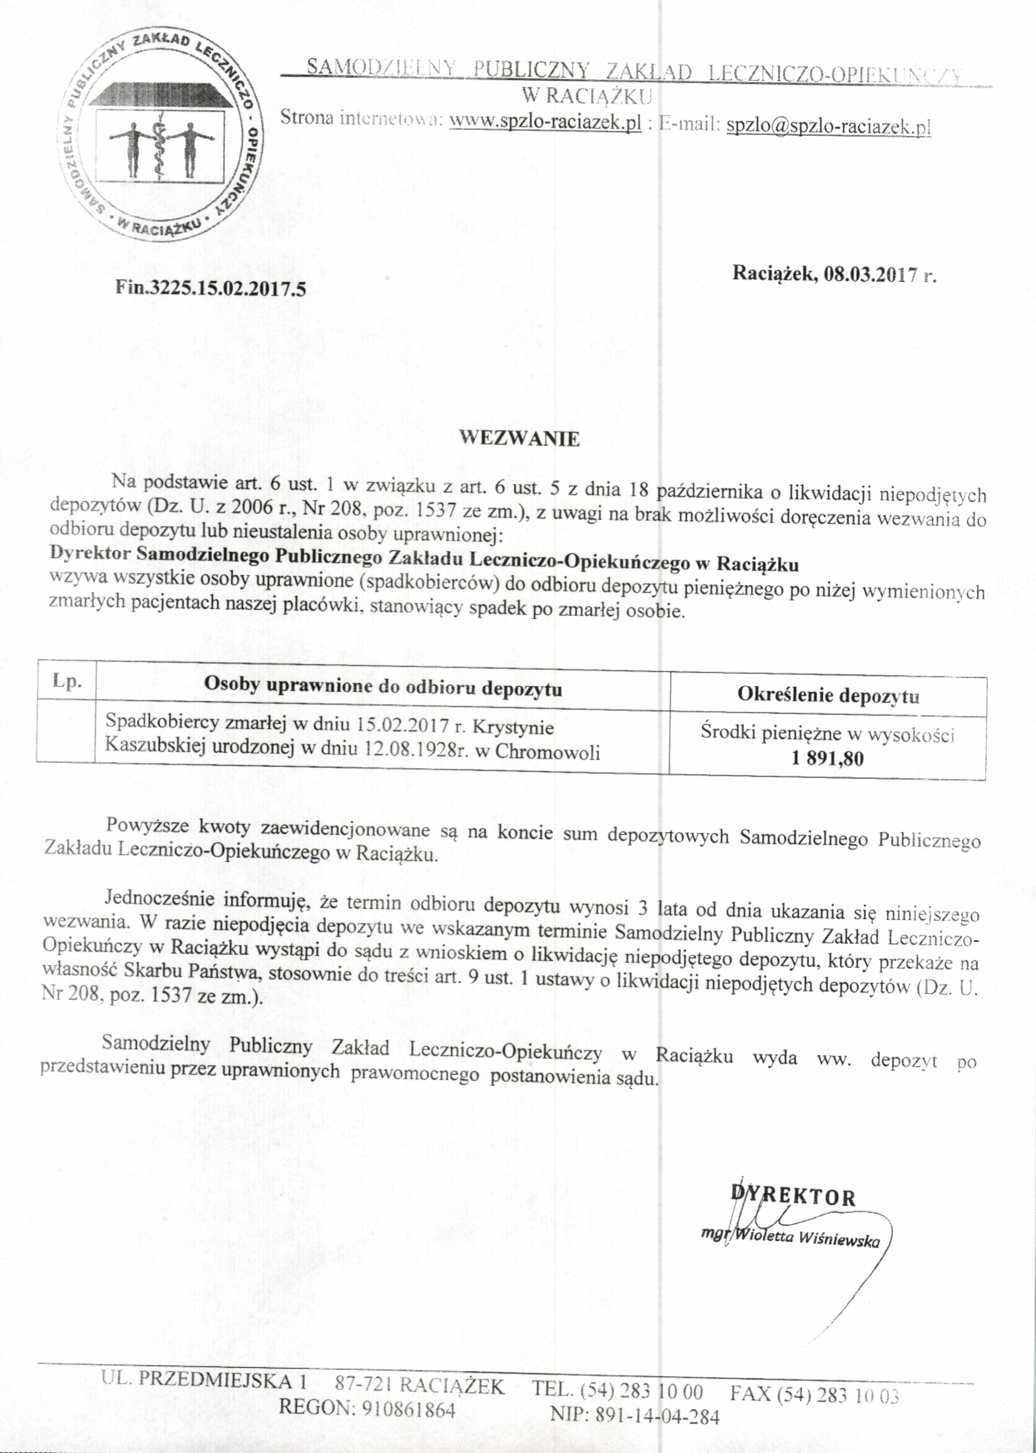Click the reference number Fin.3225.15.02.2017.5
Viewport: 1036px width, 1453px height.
point(211,288)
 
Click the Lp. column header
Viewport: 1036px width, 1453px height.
point(66,681)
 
